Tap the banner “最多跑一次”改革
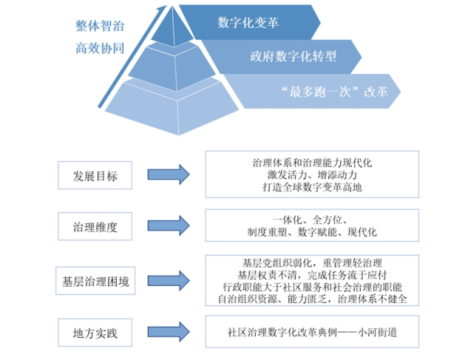322,92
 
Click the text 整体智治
100,26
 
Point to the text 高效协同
100,48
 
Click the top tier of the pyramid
172,29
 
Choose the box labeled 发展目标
95,175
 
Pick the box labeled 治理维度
95,226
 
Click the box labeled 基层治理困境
95,281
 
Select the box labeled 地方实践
95,333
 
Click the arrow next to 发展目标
169,174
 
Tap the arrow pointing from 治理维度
169,225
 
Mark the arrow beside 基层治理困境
169,280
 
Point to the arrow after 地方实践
169,332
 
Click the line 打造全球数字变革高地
312,187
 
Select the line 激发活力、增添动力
312,174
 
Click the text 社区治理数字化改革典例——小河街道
312,332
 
